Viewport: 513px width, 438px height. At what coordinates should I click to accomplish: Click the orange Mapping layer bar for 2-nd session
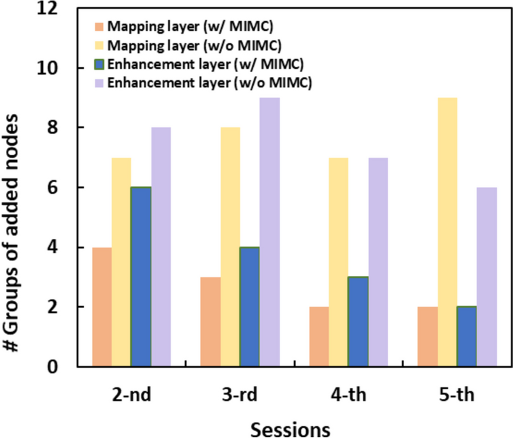coord(102,307)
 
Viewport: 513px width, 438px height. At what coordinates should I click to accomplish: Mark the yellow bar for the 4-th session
coord(338,262)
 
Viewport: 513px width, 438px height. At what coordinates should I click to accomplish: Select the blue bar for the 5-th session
coord(466,336)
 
